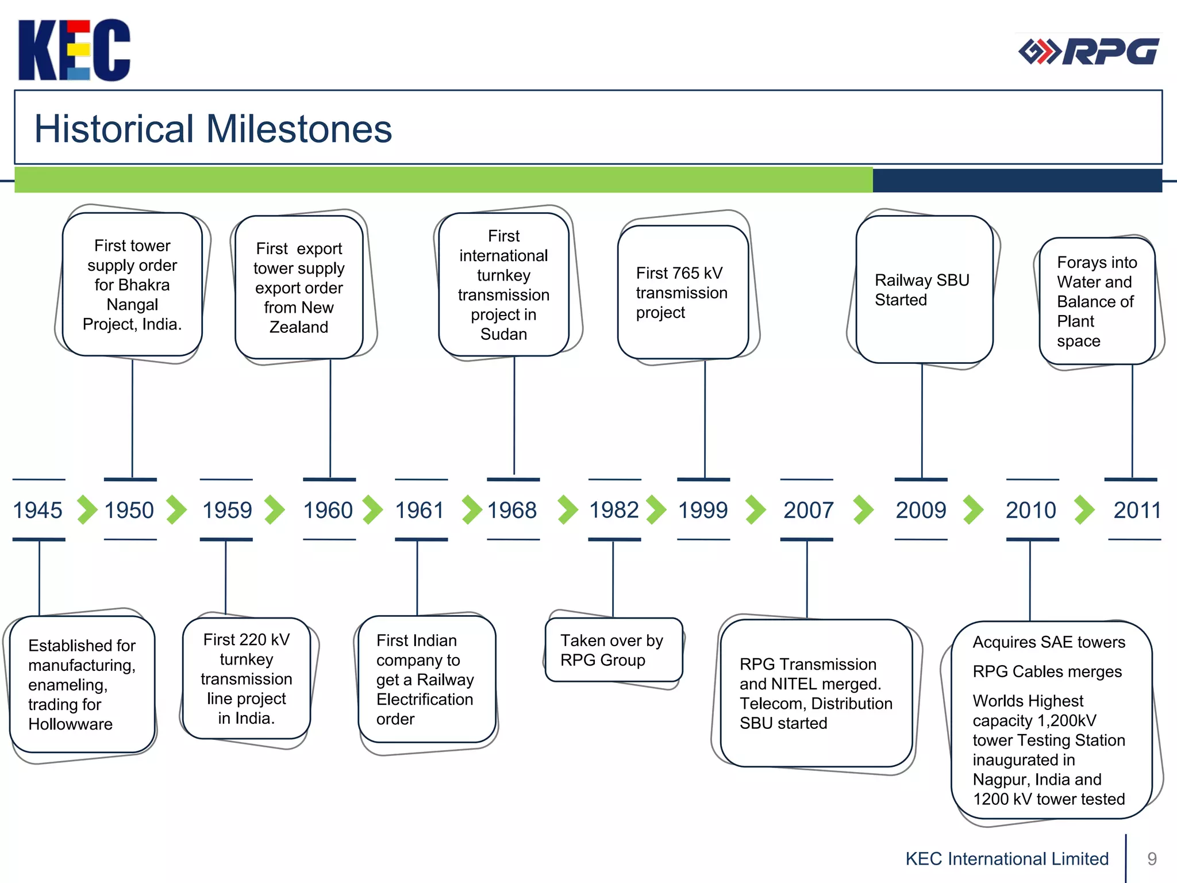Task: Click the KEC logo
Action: pyautogui.click(x=74, y=50)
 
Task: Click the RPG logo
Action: pyautogui.click(x=1088, y=52)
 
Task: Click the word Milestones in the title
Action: pyautogui.click(x=299, y=129)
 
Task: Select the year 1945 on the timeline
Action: pyautogui.click(x=37, y=510)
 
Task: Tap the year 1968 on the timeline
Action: pyautogui.click(x=511, y=510)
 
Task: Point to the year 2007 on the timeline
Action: pyautogui.click(x=808, y=510)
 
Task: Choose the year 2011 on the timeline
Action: pyautogui.click(x=1137, y=510)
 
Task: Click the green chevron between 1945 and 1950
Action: pyautogui.click(x=87, y=510)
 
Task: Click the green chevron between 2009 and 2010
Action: pyautogui.click(x=973, y=510)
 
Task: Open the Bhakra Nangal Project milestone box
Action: pyautogui.click(x=132, y=285)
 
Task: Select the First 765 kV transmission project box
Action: pyautogui.click(x=682, y=293)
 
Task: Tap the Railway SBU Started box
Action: pyautogui.click(x=924, y=290)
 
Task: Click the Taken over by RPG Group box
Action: pyautogui.click(x=613, y=650)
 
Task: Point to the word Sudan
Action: pyautogui.click(x=503, y=334)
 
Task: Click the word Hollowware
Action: pyautogui.click(x=70, y=724)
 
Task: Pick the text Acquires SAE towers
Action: pyautogui.click(x=1048, y=642)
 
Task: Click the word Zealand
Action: pyautogui.click(x=299, y=327)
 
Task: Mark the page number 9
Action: pyautogui.click(x=1151, y=858)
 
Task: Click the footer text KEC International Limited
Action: pyautogui.click(x=1007, y=858)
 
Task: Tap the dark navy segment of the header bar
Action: pyautogui.click(x=1017, y=181)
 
